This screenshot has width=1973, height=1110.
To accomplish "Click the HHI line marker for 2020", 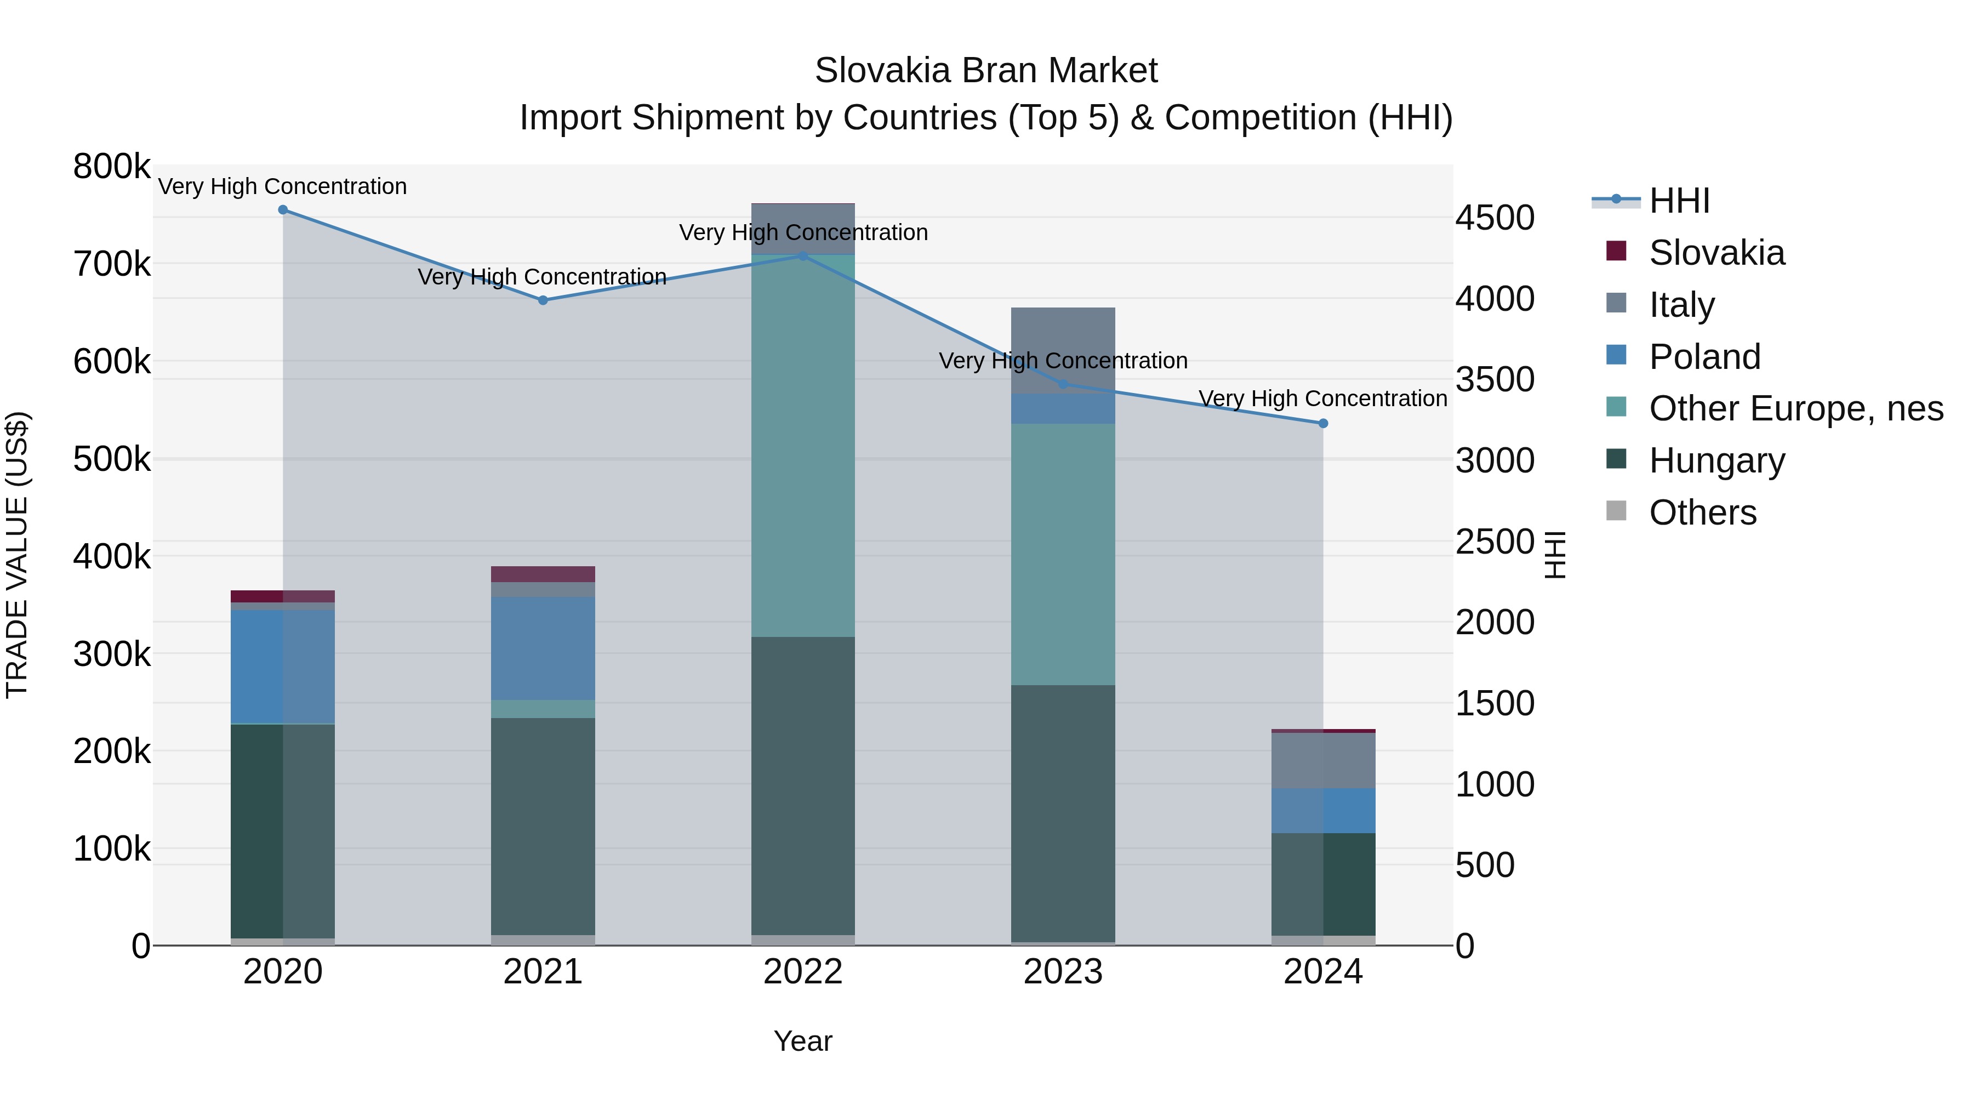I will point(283,210).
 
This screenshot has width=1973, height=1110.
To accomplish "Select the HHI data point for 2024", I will point(1323,424).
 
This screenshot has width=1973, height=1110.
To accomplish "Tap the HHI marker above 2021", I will point(543,300).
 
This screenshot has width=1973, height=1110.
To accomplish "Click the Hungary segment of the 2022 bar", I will point(803,785).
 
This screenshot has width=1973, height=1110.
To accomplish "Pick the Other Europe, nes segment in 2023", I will point(1063,554).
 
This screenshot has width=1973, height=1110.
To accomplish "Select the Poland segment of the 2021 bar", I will point(543,648).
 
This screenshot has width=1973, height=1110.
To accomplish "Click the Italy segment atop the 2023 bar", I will point(1063,350).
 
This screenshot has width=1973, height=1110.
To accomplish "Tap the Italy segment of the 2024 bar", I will point(1323,761).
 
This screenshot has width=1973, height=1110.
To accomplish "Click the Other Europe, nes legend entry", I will point(1795,409).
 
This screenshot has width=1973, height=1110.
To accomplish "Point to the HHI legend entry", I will point(1679,201).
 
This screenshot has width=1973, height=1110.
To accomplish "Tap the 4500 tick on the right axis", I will point(1495,218).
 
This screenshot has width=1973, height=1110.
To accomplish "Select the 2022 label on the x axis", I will point(803,972).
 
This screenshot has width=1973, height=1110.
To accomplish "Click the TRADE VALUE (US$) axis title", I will point(17,555).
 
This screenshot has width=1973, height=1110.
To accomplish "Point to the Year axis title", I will point(803,1041).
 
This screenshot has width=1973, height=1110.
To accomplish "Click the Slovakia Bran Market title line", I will point(986,71).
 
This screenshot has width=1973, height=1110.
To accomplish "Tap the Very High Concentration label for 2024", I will point(1323,399).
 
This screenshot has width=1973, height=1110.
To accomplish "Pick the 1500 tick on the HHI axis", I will point(1495,703).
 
